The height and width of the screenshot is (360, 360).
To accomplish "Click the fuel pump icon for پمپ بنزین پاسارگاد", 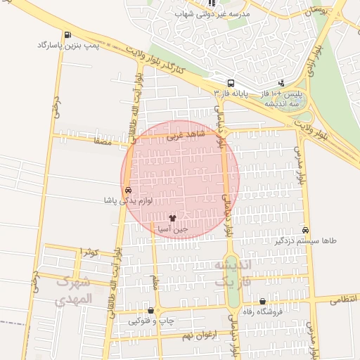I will [67, 34].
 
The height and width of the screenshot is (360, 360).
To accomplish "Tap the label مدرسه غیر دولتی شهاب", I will [214, 14].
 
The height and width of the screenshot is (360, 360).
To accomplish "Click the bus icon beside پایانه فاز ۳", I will [231, 82].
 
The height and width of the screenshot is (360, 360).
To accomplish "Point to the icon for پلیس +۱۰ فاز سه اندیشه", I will [282, 83].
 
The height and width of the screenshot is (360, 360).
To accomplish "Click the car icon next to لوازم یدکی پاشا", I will [127, 190].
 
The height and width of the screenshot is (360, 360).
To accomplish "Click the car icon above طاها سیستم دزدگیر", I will [304, 230].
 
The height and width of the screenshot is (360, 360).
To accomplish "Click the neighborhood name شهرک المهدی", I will [73, 290].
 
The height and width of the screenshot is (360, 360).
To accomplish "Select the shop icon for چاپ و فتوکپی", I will [150, 310].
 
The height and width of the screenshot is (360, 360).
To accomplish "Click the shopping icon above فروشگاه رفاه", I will [262, 301].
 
